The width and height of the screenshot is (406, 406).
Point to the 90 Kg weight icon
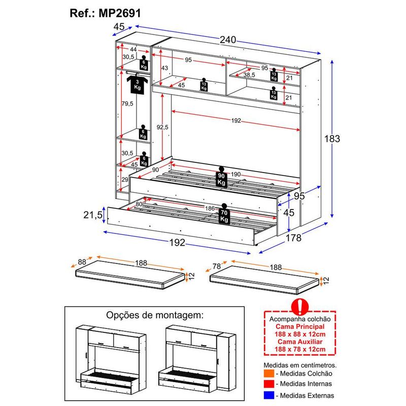click(221, 177)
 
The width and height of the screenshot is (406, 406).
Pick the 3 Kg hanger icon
click(137, 83)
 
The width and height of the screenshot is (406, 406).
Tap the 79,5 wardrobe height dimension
click(127, 104)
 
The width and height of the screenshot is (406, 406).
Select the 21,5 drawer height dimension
click(94, 215)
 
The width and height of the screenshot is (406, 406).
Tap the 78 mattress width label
click(217, 266)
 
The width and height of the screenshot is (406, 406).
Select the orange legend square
click(268, 374)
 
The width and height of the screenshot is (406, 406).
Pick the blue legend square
click(268, 395)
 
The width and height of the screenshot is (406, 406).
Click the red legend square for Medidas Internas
click(268, 384)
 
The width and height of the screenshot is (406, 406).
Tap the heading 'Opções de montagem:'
click(154, 315)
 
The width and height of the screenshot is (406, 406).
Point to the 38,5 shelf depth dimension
click(249, 75)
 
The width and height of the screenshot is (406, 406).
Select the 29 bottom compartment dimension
click(125, 180)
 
